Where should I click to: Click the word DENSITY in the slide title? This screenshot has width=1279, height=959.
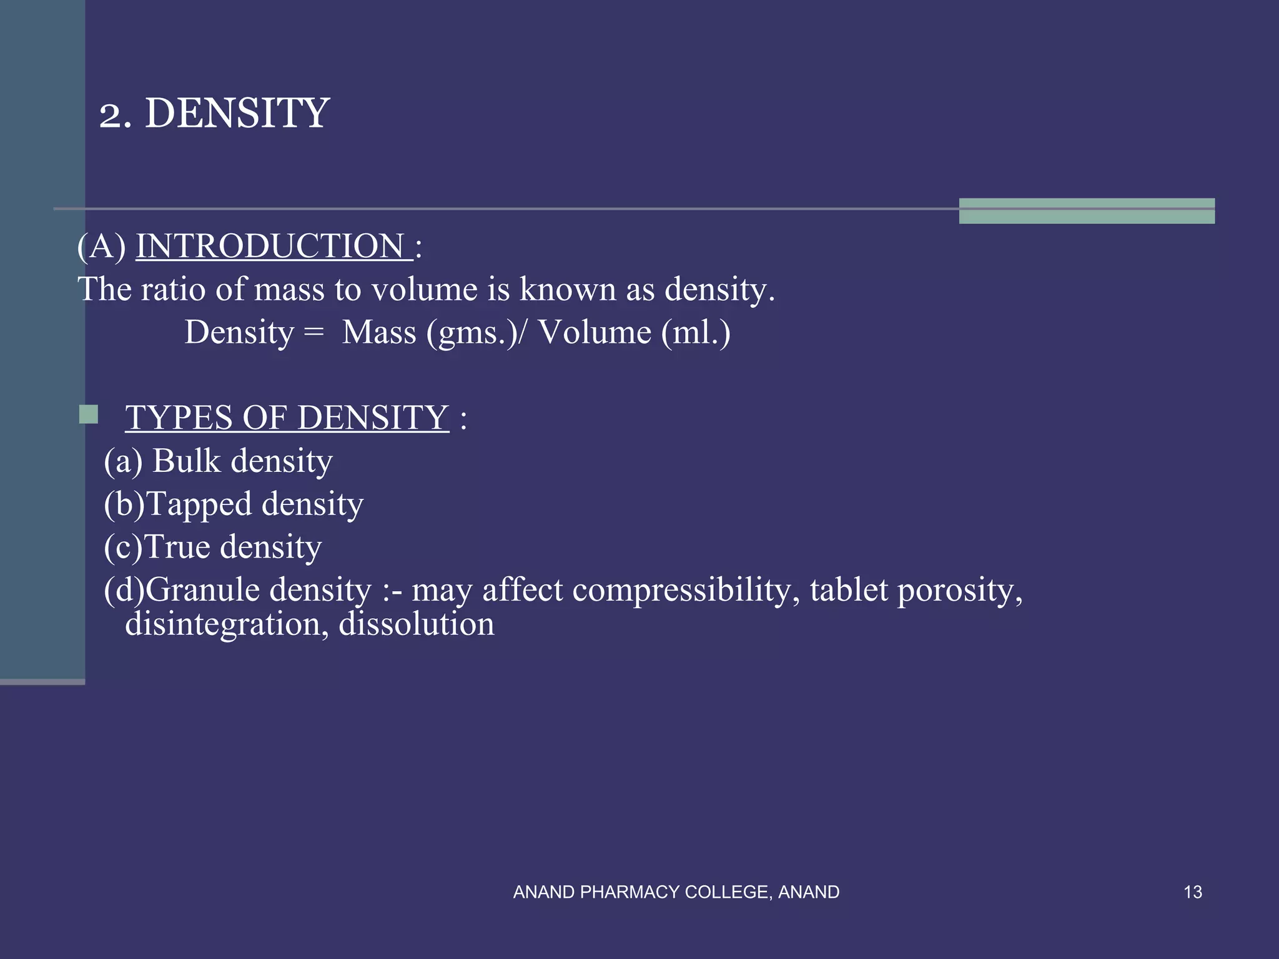(237, 114)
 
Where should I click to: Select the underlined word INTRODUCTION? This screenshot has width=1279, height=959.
(274, 246)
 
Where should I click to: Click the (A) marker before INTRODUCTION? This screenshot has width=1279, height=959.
(101, 246)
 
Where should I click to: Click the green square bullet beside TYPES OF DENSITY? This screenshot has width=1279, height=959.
(89, 415)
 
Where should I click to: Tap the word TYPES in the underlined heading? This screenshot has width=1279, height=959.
(179, 418)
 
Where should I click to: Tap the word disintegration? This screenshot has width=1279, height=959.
(227, 624)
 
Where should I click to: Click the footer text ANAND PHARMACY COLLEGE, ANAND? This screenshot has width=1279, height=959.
(676, 892)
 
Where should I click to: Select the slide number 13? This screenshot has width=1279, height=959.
(1193, 892)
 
